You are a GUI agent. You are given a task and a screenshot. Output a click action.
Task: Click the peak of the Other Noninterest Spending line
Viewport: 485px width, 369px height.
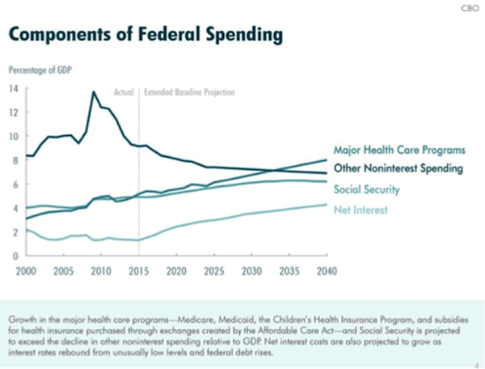(x=94, y=92)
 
